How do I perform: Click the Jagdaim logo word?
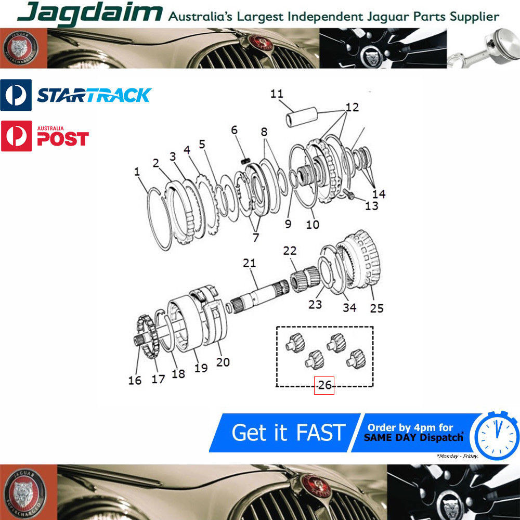(89, 14)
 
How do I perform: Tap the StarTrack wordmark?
(94, 95)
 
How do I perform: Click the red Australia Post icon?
(16, 136)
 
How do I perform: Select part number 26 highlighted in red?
(324, 385)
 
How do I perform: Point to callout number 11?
(277, 94)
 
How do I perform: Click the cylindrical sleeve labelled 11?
(302, 116)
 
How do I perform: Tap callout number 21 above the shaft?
(250, 263)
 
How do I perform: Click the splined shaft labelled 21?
(261, 296)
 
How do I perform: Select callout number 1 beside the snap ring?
(137, 172)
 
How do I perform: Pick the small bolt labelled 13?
(349, 194)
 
